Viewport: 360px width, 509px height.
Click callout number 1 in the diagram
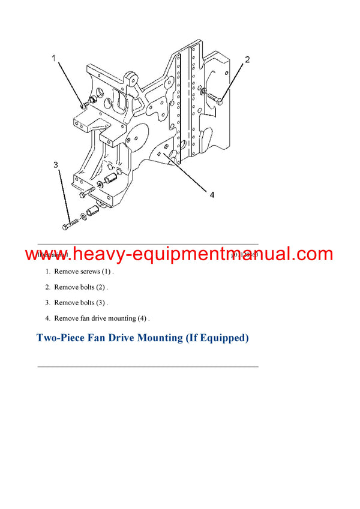53,59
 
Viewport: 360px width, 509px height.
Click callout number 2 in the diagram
247,59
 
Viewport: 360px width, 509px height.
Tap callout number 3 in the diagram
55,165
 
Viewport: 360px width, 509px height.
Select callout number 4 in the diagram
212,194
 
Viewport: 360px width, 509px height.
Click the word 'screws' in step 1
91,272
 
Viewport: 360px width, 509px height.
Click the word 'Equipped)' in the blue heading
221,338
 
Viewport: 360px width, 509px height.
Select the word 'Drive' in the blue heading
118,338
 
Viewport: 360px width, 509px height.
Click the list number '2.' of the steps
47,287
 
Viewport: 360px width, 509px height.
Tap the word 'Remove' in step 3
65,303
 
